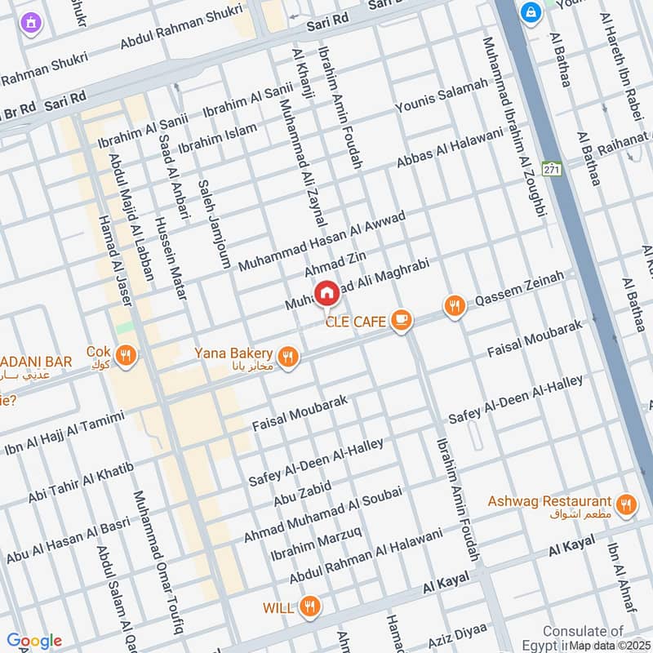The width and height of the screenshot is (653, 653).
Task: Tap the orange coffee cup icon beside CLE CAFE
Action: coord(400,320)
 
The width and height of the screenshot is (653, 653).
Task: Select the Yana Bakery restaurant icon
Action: coord(287,356)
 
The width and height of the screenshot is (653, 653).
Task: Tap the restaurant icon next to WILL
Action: coord(309,606)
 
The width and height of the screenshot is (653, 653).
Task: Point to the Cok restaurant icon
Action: coord(125,355)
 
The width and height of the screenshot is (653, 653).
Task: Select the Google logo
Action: coord(33,641)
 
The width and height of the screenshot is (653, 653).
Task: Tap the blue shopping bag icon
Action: coord(531,13)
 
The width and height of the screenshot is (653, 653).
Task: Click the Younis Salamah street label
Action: coord(442,98)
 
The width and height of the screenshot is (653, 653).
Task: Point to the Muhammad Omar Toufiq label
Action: coord(158,562)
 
